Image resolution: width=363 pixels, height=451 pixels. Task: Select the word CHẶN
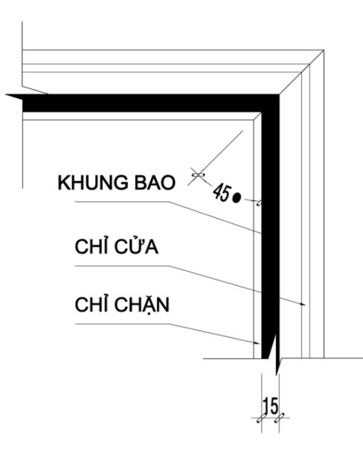click(143, 305)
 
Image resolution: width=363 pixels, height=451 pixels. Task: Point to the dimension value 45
click(222, 193)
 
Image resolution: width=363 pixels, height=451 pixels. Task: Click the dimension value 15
click(271, 406)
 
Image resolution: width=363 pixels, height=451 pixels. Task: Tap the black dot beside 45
click(237, 197)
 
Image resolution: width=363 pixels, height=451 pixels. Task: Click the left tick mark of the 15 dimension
click(262, 418)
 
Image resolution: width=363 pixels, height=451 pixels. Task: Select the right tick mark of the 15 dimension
click(279, 418)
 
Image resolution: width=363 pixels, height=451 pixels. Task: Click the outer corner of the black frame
click(279, 94)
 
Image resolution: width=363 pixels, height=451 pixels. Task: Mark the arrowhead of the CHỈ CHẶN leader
click(257, 342)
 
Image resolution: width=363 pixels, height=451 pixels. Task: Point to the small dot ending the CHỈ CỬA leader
click(301, 304)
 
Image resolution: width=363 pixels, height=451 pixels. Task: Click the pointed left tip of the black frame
click(6, 95)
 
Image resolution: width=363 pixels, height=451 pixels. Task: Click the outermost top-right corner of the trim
click(324, 50)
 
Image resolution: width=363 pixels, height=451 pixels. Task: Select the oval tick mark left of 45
click(198, 174)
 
